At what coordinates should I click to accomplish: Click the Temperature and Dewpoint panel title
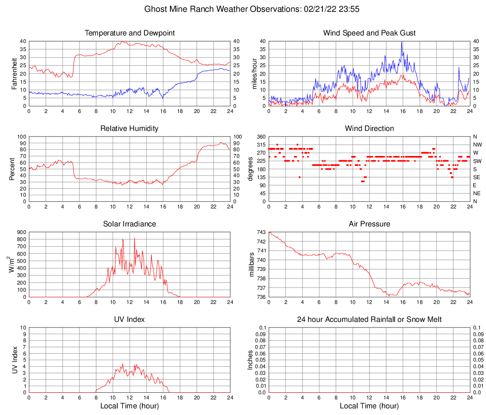(129, 33)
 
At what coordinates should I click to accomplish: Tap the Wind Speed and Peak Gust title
(369, 33)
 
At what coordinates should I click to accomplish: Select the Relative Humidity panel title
(129, 129)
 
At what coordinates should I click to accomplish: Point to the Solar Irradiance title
(129, 224)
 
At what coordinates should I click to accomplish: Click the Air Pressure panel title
(369, 224)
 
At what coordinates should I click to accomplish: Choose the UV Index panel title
(129, 320)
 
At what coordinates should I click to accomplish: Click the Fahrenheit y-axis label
(14, 73)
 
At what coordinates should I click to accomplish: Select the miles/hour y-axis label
(255, 73)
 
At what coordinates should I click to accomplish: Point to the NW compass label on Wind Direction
(478, 145)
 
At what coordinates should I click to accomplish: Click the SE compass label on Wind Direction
(477, 177)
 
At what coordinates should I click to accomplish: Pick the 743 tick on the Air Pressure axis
(261, 232)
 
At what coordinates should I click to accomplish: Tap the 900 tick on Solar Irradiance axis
(22, 232)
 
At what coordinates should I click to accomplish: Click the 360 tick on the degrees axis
(261, 137)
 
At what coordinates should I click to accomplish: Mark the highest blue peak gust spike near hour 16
(402, 42)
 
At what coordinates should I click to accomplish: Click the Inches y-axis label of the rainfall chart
(251, 360)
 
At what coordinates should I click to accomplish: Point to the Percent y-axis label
(12, 169)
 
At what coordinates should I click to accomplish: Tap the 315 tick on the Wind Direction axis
(261, 145)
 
